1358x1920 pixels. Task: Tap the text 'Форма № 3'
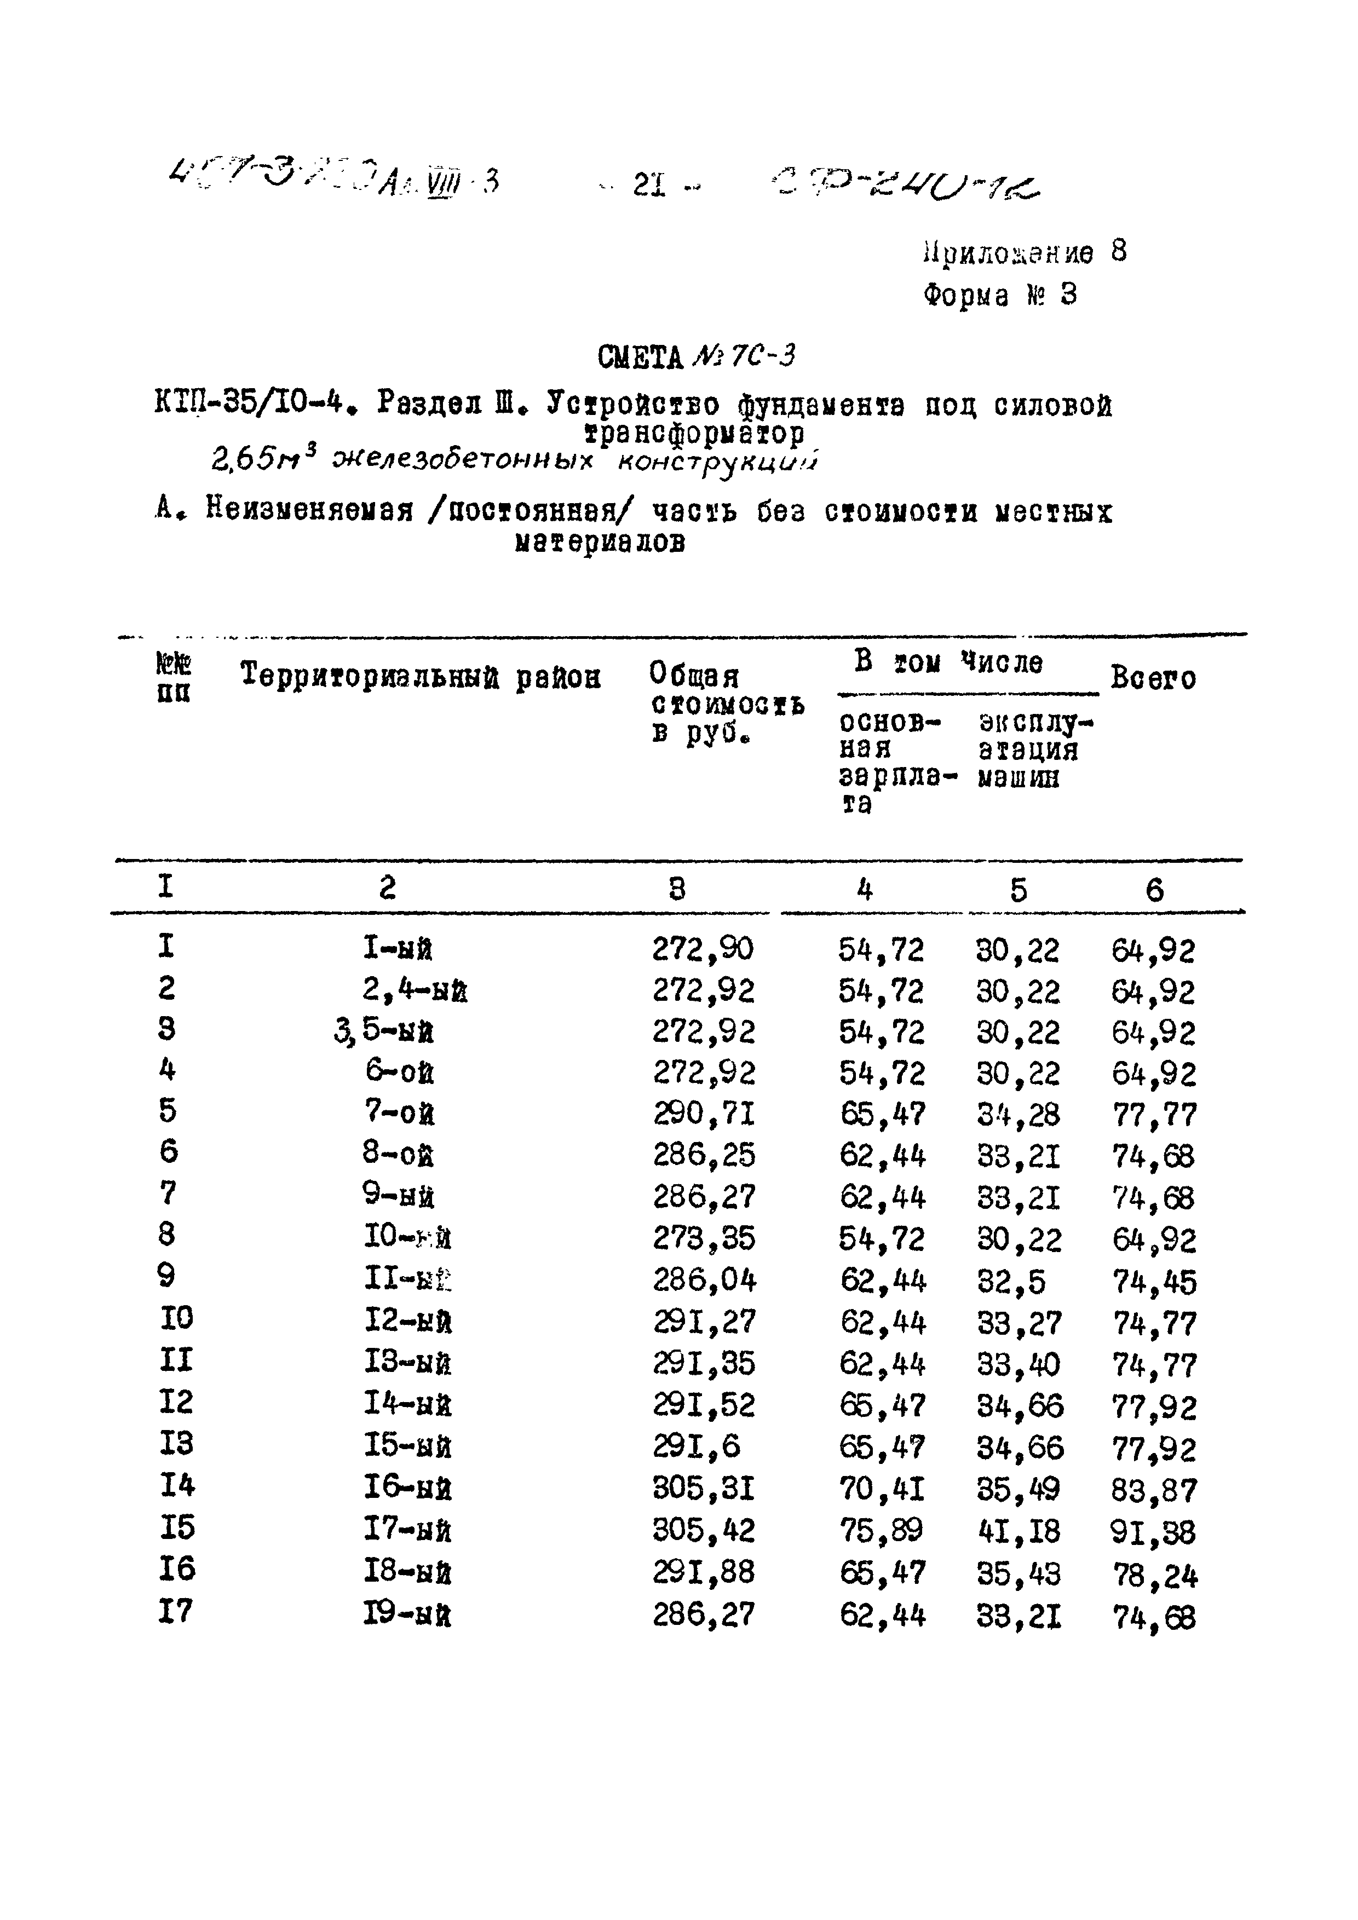click(x=1000, y=295)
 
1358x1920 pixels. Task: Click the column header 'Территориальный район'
click(x=421, y=676)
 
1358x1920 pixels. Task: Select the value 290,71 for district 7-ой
click(x=703, y=1114)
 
